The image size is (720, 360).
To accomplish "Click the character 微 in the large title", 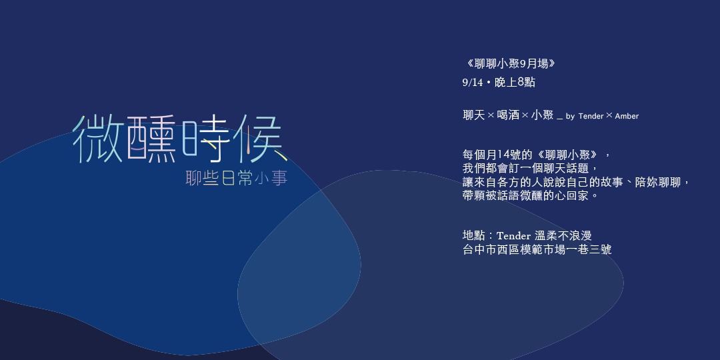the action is [x=98, y=139].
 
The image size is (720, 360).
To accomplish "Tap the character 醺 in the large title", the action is [x=151, y=139].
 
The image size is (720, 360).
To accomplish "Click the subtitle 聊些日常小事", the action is [x=237, y=178].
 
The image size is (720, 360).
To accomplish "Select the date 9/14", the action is [x=473, y=83].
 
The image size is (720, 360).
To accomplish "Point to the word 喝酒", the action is [x=508, y=115].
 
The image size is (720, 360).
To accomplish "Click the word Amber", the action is [x=627, y=116].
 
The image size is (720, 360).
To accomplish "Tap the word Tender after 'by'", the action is [x=591, y=116].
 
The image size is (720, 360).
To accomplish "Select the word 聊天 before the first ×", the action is [x=474, y=115].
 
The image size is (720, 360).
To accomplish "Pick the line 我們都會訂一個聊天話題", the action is [x=530, y=167].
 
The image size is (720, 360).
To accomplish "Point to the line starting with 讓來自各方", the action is [x=576, y=182].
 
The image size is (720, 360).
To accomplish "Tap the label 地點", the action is [x=474, y=236].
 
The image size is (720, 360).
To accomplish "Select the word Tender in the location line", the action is [x=514, y=236].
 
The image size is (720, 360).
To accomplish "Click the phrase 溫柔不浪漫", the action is [x=563, y=236].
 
